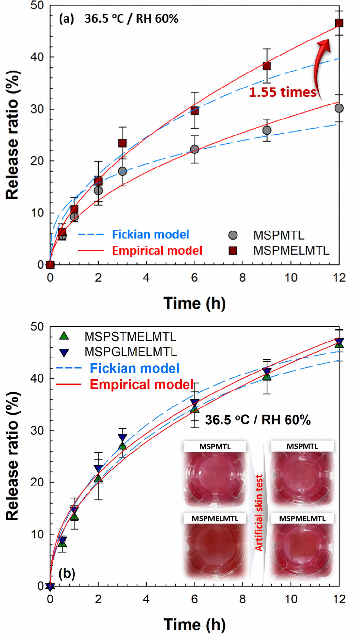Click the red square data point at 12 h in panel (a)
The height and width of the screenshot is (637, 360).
pos(339,23)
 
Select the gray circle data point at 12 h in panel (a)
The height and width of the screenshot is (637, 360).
pos(339,108)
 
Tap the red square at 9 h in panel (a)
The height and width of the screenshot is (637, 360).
pos(267,66)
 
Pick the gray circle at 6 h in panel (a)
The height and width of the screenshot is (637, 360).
pos(195,149)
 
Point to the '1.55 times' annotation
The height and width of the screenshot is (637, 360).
pos(283,92)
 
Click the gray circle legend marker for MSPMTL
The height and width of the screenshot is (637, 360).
pos(233,235)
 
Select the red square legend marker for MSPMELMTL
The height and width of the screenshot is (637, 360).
pos(233,250)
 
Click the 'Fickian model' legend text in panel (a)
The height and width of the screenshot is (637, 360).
pos(151,234)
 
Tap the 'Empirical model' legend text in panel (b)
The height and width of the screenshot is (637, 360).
pos(142,384)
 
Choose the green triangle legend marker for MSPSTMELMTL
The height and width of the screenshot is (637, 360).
pos(64,336)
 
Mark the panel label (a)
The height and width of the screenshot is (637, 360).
pos(66,19)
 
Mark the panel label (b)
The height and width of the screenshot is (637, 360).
pos(67,573)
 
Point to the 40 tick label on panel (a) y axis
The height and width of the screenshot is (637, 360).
pos(37,57)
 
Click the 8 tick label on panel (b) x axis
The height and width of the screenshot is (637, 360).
pos(242,599)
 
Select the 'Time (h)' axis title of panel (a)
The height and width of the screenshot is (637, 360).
pos(194,303)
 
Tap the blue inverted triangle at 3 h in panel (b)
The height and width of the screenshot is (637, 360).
pos(123,438)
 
